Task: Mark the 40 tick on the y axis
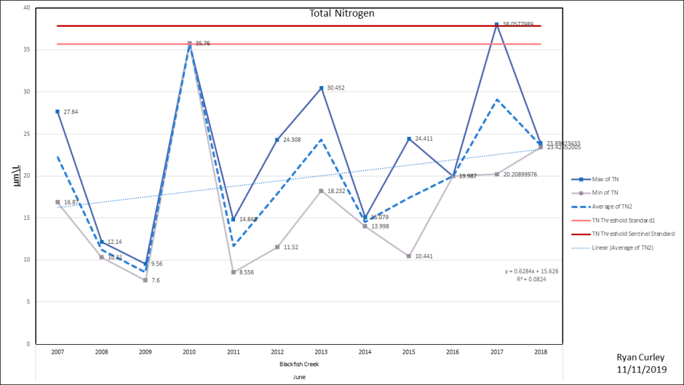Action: tap(26, 7)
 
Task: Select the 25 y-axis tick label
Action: tap(26, 134)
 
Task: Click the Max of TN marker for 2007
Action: tap(57, 112)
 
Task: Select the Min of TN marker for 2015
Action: tap(409, 256)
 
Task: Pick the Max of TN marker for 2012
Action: tap(277, 140)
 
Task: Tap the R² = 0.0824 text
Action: tap(532, 279)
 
